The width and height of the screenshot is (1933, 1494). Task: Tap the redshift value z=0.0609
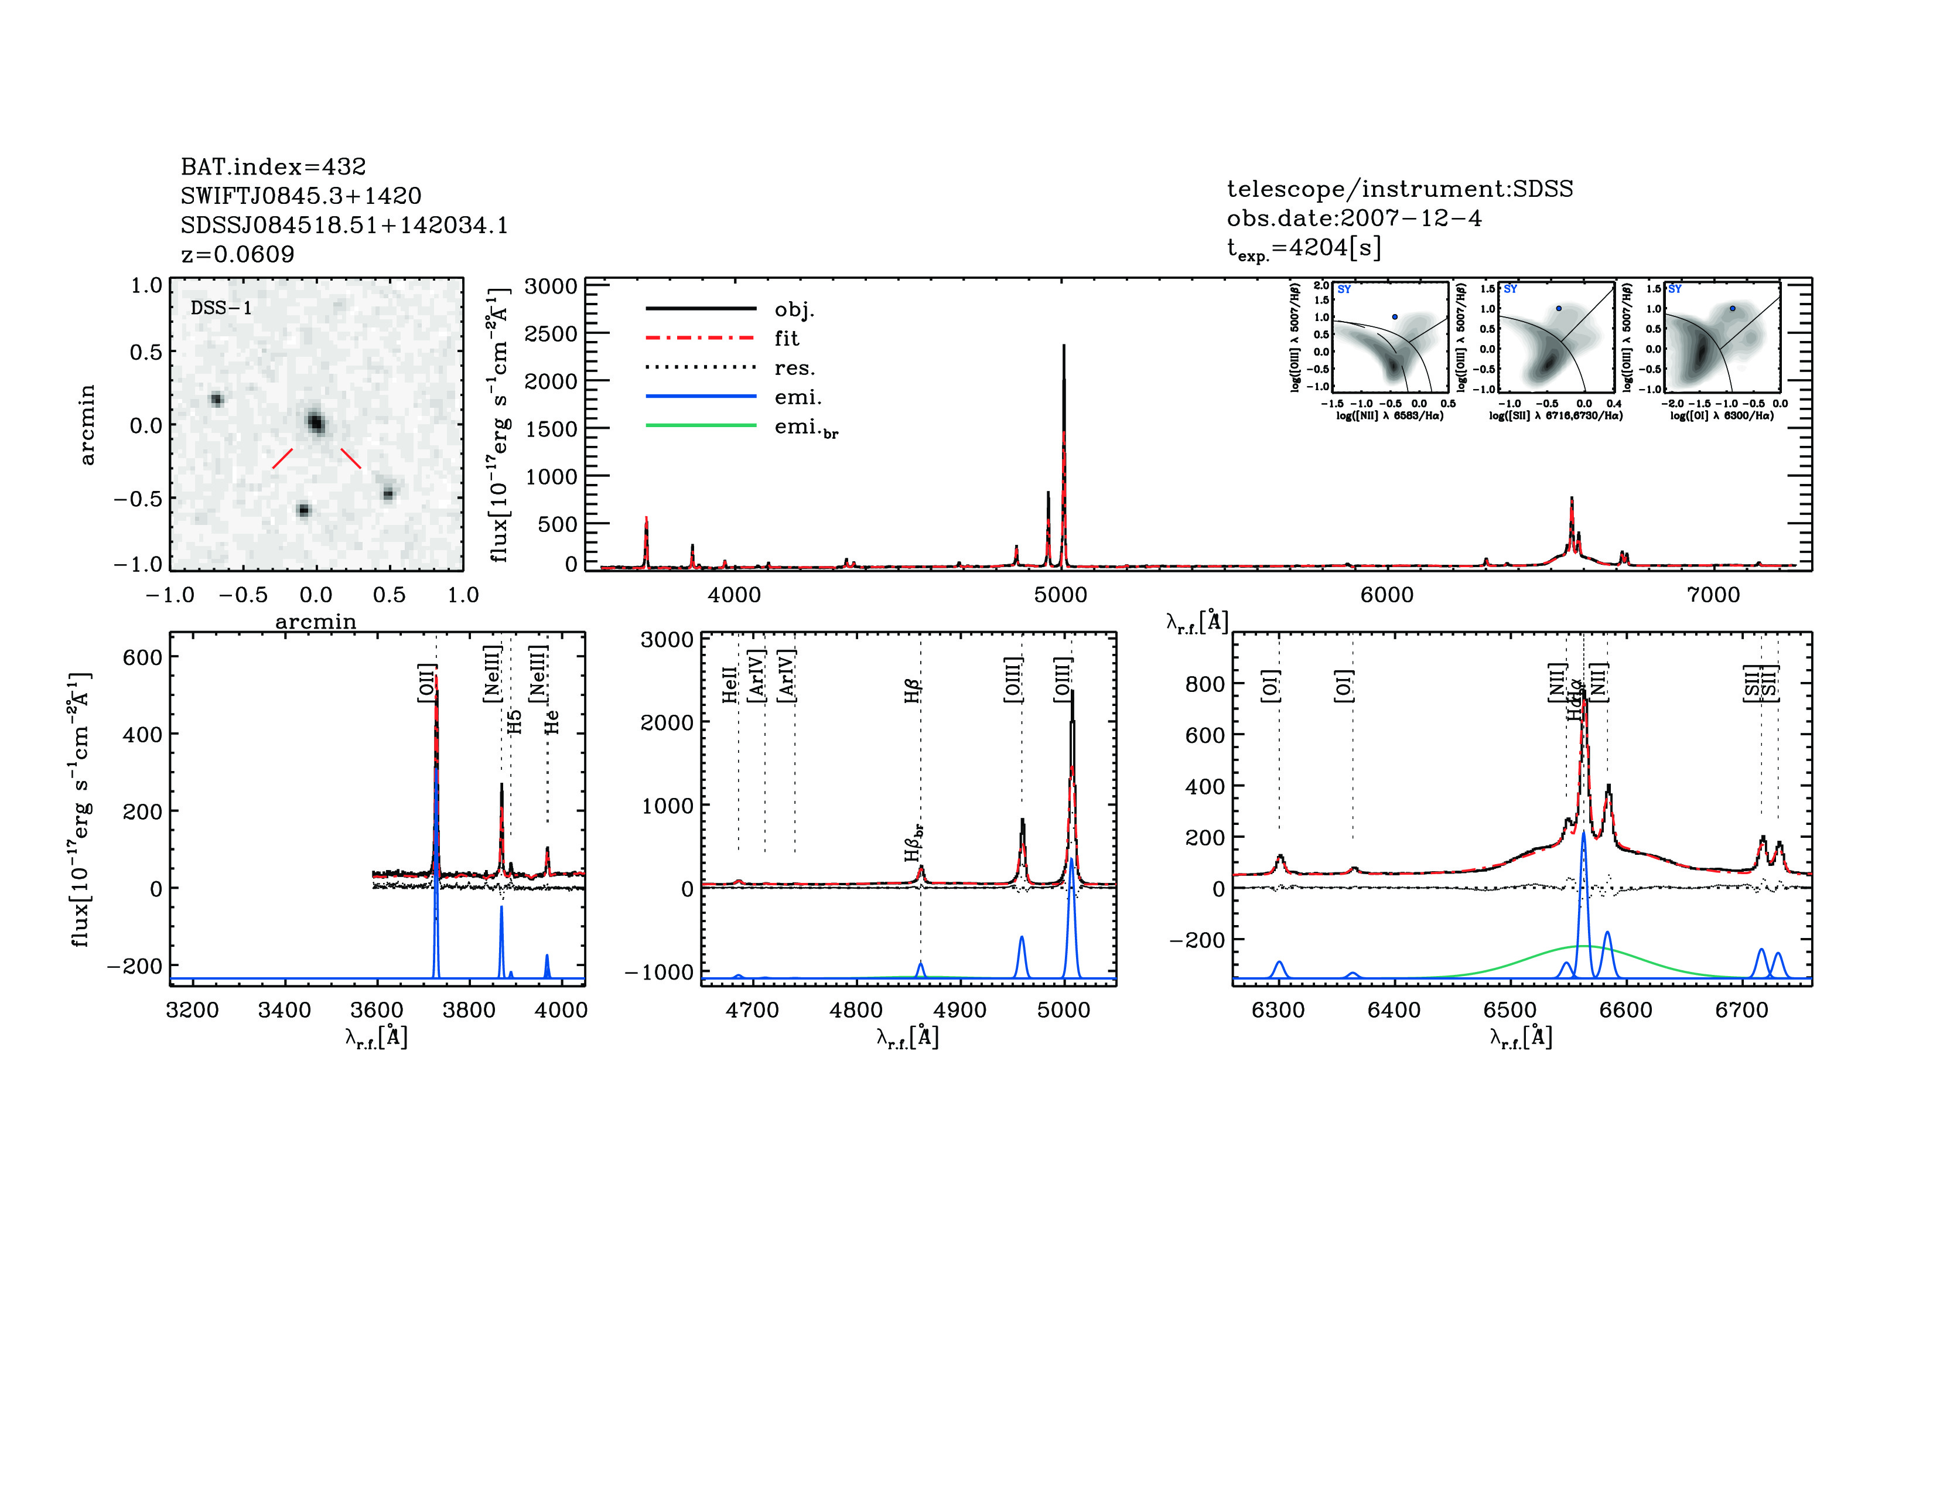click(237, 254)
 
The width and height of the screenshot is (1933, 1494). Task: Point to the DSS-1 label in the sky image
click(221, 308)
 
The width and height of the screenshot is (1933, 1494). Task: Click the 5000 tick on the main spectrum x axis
click(1060, 595)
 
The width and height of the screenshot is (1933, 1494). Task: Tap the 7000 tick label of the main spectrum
click(1713, 595)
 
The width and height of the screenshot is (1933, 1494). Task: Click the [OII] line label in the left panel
click(426, 683)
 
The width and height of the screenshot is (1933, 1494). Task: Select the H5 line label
click(515, 721)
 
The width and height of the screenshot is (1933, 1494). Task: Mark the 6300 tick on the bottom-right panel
click(1278, 1010)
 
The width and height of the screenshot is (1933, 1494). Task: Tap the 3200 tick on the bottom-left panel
click(192, 1010)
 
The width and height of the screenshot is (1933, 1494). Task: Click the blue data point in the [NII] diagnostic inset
click(1395, 316)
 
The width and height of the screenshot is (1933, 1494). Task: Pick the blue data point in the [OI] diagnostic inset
click(1732, 308)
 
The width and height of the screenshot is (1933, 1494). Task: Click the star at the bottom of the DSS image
click(303, 510)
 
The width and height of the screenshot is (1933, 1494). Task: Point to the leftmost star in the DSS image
click(216, 399)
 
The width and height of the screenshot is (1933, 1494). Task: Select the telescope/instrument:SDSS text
click(1399, 189)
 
